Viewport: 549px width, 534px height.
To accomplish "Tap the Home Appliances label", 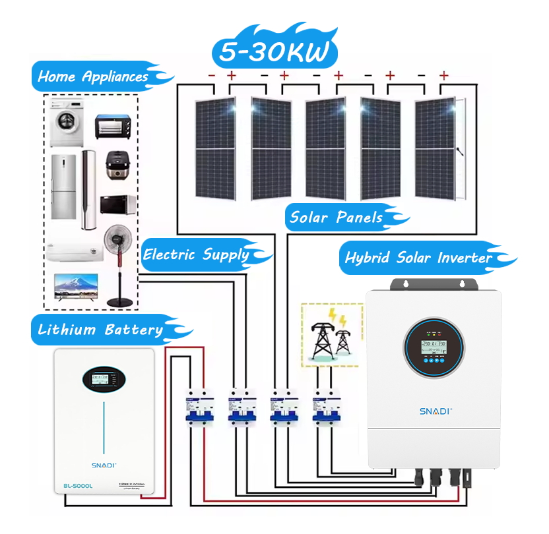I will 93,76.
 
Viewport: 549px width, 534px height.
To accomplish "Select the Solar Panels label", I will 337,217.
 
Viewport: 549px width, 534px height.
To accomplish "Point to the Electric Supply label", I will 197,254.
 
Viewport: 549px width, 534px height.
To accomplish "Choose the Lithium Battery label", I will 100,330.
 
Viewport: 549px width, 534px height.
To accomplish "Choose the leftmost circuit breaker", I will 197,409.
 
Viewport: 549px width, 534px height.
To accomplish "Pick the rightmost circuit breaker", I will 324,409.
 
